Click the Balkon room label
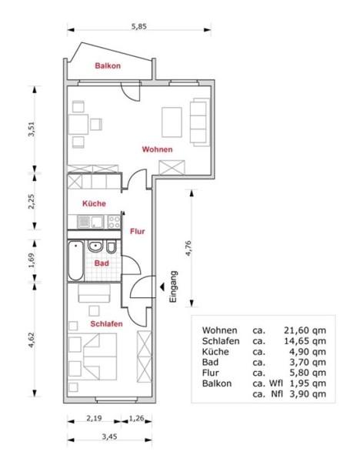point(108,65)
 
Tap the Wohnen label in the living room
point(157,149)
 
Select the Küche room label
point(94,203)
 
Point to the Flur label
point(138,231)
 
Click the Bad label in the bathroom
point(102,263)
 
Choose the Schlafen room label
point(106,324)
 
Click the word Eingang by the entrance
point(173,286)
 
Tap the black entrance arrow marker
point(162,286)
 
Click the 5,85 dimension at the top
point(139,26)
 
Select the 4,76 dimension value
point(188,249)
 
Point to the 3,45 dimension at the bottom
point(109,437)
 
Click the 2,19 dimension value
point(94,418)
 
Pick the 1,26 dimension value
point(137,418)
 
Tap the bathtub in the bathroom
point(76,260)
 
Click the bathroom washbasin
point(95,246)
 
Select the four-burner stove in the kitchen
point(114,222)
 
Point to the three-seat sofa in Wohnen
point(199,122)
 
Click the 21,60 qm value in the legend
point(305,330)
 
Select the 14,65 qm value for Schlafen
point(305,341)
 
